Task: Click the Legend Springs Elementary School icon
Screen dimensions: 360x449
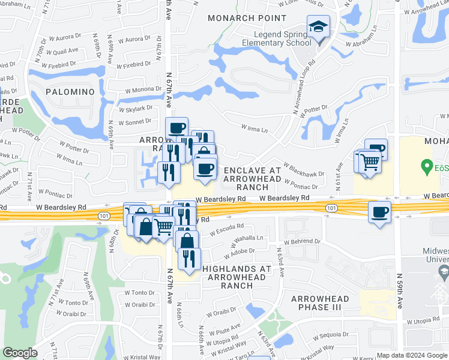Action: pos(318,27)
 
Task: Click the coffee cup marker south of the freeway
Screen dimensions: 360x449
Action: pos(379,212)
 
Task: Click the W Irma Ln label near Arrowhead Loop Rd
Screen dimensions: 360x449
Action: pos(254,127)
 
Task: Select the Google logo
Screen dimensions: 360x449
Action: pos(20,352)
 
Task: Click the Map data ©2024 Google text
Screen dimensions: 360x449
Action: pos(411,355)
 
